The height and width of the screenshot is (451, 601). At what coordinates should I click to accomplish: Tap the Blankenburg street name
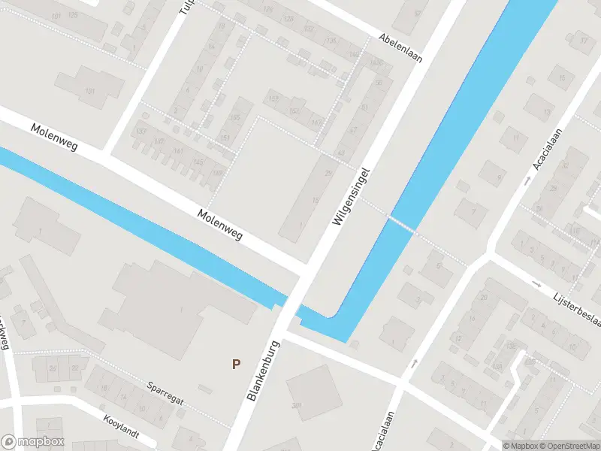click(260, 363)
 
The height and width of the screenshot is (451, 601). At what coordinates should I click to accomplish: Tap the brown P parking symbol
click(236, 365)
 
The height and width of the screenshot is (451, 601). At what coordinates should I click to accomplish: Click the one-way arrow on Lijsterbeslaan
click(536, 284)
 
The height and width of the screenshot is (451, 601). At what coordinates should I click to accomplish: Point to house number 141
click(178, 151)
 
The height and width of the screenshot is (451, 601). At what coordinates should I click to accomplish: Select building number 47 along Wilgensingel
click(355, 130)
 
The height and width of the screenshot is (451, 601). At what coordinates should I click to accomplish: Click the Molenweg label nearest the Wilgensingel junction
click(219, 224)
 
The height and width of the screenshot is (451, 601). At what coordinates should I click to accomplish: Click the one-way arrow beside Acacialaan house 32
click(527, 180)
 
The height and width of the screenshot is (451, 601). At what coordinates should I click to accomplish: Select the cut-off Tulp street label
click(187, 8)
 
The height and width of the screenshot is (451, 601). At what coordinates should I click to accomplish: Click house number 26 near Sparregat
click(53, 368)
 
